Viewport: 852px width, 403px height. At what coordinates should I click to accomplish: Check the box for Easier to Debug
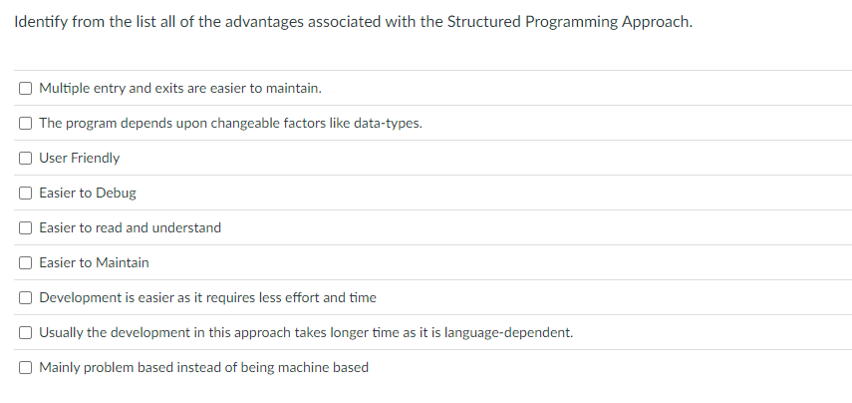(x=25, y=193)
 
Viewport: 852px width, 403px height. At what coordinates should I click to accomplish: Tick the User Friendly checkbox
(x=25, y=158)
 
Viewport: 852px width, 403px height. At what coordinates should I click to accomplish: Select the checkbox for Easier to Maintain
(x=25, y=262)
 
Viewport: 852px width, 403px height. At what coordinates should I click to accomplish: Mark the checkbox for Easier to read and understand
(x=25, y=227)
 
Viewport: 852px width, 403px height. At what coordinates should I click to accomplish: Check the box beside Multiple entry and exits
(x=25, y=88)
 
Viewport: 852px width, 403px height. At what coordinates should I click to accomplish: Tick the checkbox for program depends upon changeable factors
(x=25, y=123)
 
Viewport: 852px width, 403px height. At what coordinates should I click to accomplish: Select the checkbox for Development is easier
(x=25, y=297)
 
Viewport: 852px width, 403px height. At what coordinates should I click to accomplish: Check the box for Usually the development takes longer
(x=25, y=332)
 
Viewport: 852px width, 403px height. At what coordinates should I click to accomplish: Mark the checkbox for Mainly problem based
(x=25, y=367)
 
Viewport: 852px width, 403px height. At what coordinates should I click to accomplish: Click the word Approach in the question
(x=653, y=22)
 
